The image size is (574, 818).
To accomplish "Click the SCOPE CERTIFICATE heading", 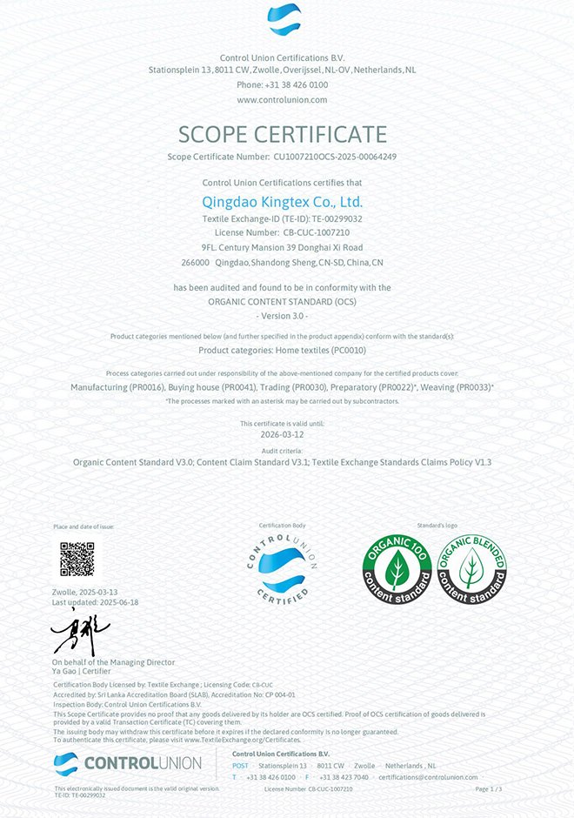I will (283, 134).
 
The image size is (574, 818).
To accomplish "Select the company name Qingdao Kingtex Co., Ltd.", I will (283, 201).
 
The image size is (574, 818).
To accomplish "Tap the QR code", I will (77, 558).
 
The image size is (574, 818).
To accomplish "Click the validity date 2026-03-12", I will (282, 433).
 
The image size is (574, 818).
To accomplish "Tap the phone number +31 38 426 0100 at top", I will (282, 84).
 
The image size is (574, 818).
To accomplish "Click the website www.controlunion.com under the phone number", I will (282, 99).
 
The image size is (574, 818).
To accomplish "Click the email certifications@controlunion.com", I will (429, 777).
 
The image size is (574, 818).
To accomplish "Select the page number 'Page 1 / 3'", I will (489, 788).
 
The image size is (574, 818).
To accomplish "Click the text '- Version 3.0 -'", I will (283, 314).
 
